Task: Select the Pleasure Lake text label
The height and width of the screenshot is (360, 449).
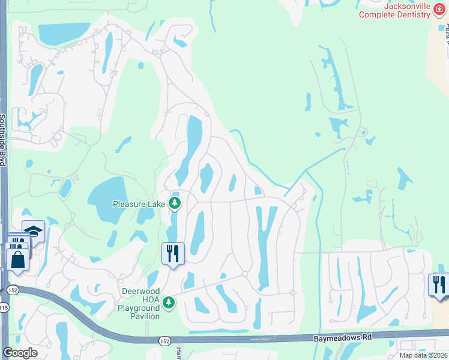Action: tap(139, 204)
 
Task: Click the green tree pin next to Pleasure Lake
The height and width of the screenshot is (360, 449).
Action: tap(175, 203)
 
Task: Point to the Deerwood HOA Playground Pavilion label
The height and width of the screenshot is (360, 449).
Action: tap(141, 304)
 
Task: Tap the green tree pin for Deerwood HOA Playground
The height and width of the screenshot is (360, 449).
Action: tap(170, 302)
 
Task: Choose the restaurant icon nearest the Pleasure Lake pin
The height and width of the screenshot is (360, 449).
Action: tap(173, 253)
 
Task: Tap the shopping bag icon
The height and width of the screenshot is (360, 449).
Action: tap(17, 260)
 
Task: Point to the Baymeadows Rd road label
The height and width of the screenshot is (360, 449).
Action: tap(342, 338)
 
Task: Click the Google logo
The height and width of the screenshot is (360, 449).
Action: tap(20, 353)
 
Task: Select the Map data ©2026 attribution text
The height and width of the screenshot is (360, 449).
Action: tap(424, 355)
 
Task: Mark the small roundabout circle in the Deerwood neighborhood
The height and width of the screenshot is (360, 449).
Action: tap(245, 274)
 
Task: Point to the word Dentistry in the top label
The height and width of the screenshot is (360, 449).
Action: tap(412, 14)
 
